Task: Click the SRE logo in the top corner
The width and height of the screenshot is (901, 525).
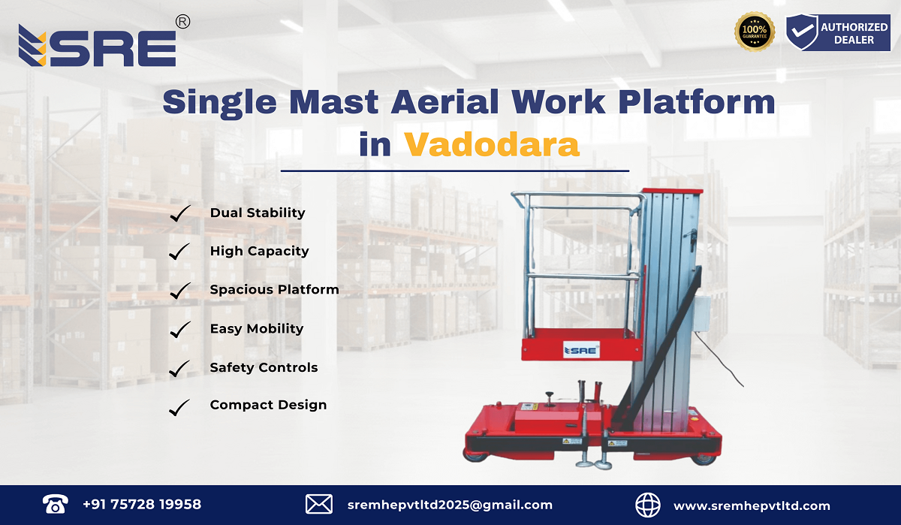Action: tap(98, 47)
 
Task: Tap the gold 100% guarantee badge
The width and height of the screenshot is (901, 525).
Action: tap(754, 32)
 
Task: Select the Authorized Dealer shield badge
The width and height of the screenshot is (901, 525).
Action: tap(801, 32)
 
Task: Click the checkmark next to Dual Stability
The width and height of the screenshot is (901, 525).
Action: tap(179, 213)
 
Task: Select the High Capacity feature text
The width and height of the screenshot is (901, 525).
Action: tap(259, 252)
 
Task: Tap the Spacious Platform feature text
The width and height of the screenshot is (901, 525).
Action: tap(274, 290)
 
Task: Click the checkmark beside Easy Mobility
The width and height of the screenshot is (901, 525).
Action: tap(179, 329)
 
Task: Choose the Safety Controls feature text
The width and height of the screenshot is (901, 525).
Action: tap(264, 367)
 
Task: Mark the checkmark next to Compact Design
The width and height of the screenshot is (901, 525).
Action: tap(179, 406)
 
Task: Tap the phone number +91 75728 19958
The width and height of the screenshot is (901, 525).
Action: tap(142, 505)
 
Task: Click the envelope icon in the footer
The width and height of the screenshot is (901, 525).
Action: tap(319, 505)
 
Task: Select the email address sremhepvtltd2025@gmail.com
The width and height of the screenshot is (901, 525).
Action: tap(450, 505)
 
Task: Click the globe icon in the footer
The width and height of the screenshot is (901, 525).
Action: tap(647, 505)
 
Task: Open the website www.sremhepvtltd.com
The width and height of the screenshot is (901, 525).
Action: tap(752, 505)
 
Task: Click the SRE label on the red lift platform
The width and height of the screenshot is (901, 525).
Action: tap(580, 349)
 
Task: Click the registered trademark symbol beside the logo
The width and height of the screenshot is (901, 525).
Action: tap(182, 23)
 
